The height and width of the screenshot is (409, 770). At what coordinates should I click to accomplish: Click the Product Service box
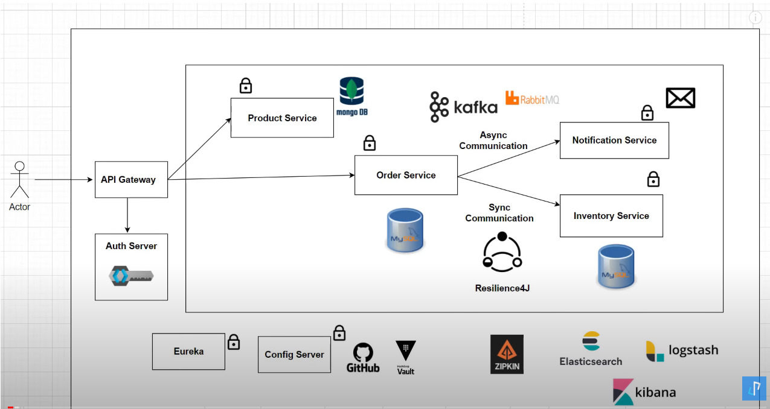(x=282, y=118)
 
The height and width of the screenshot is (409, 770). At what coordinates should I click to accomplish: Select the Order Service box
(x=406, y=175)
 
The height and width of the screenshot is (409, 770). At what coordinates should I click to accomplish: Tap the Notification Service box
(x=614, y=140)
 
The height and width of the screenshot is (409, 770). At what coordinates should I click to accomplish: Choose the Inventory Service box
(x=611, y=215)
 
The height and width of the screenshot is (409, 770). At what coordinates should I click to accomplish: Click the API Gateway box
(x=131, y=179)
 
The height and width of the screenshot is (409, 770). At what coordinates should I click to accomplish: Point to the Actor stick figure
(x=20, y=180)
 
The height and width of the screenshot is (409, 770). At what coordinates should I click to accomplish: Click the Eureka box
(x=188, y=351)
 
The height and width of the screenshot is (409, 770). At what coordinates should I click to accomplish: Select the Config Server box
(x=294, y=354)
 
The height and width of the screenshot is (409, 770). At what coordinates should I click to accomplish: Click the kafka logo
(x=464, y=107)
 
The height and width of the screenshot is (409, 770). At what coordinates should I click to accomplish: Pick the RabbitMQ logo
(x=532, y=98)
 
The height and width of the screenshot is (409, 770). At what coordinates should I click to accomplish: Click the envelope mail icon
(x=681, y=98)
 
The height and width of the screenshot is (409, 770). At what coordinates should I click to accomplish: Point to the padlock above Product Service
(x=245, y=86)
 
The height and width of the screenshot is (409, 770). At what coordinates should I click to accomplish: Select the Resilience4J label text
(x=502, y=288)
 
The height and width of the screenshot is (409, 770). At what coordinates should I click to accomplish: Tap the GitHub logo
(x=363, y=358)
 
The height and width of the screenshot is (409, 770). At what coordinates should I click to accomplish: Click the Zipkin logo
(x=507, y=354)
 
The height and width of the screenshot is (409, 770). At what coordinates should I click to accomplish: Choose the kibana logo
(x=644, y=392)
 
